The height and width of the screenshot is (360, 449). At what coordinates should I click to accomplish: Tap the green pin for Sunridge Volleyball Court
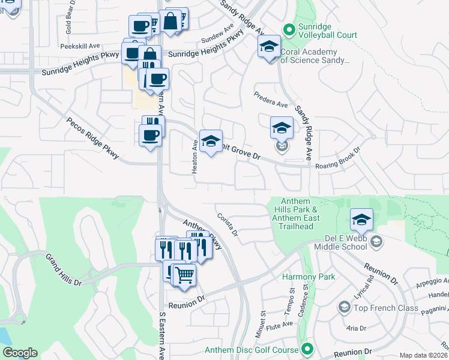click(x=289, y=29)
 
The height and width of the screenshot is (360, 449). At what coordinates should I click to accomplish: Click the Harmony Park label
click(x=309, y=277)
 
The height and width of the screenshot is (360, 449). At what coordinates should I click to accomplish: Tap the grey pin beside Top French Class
click(x=344, y=308)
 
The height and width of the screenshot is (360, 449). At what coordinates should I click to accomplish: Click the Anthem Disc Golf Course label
click(x=252, y=350)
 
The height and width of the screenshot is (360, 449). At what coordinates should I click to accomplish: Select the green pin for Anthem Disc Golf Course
click(x=308, y=349)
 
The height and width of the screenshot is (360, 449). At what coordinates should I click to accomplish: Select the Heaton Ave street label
click(x=194, y=157)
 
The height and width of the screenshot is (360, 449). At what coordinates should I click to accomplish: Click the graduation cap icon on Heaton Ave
click(x=210, y=142)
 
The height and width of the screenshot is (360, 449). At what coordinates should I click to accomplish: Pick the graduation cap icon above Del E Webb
click(x=361, y=220)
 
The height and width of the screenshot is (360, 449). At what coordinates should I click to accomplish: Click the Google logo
click(x=20, y=353)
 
